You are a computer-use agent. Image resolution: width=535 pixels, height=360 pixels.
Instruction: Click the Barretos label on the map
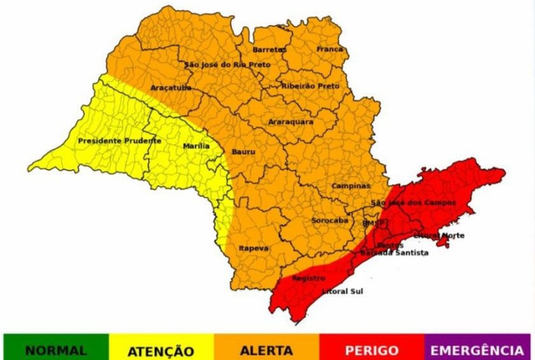click(269, 49)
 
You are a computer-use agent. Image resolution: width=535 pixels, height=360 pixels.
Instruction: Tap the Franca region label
click(330, 49)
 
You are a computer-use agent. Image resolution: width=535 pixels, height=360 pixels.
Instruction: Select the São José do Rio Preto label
click(227, 64)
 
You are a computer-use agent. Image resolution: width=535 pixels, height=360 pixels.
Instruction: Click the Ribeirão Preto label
click(310, 86)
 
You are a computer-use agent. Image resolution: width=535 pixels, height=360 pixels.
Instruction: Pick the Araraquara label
click(291, 122)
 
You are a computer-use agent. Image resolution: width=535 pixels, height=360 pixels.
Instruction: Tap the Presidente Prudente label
click(120, 141)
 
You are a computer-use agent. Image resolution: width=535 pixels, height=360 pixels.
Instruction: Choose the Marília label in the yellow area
click(196, 147)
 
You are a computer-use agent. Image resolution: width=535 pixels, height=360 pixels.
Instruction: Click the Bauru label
click(243, 151)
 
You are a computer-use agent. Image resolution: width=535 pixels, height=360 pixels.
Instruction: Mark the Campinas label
click(351, 185)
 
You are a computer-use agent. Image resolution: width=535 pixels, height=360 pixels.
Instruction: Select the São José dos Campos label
click(413, 202)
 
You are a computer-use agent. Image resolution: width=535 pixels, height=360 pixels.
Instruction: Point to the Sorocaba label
click(330, 220)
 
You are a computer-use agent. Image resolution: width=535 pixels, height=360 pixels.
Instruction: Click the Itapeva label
click(254, 248)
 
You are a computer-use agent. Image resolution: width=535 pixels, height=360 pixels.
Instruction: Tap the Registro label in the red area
click(308, 278)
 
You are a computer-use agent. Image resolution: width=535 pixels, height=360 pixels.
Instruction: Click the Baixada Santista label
click(394, 252)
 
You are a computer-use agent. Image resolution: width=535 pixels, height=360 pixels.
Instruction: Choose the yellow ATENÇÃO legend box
click(162, 350)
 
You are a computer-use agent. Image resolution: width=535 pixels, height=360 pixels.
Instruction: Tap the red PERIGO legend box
click(371, 350)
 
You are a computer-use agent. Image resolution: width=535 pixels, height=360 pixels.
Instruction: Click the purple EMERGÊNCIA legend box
click(477, 350)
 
